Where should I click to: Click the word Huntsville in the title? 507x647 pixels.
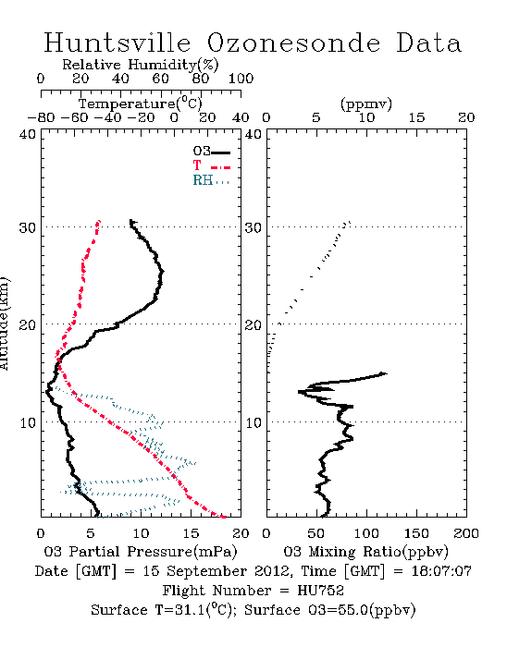pyautogui.click(x=117, y=43)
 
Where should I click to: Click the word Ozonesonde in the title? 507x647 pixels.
pyautogui.click(x=293, y=43)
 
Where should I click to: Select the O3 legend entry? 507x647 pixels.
pyautogui.click(x=212, y=152)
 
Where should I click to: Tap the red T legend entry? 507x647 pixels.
pyautogui.click(x=212, y=165)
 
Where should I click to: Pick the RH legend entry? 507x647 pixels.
pyautogui.click(x=211, y=180)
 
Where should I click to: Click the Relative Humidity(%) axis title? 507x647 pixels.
pyautogui.click(x=141, y=65)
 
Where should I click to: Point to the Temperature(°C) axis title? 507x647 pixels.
pyautogui.click(x=141, y=104)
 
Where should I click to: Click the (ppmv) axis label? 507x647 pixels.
pyautogui.click(x=366, y=104)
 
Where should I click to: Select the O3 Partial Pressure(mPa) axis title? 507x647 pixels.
pyautogui.click(x=141, y=552)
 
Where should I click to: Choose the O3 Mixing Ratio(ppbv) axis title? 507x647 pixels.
pyautogui.click(x=365, y=552)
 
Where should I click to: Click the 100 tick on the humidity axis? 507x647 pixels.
pyautogui.click(x=241, y=79)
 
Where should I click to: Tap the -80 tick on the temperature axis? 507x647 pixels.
pyautogui.click(x=42, y=118)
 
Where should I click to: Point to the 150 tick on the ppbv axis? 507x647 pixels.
pyautogui.click(x=416, y=533)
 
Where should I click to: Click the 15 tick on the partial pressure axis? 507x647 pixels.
pyautogui.click(x=191, y=533)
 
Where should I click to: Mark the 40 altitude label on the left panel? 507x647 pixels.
pyautogui.click(x=28, y=135)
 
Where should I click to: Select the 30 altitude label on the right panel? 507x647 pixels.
pyautogui.click(x=253, y=227)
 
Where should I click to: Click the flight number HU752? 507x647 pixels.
pyautogui.click(x=320, y=591)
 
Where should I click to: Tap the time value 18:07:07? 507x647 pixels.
pyautogui.click(x=441, y=571)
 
